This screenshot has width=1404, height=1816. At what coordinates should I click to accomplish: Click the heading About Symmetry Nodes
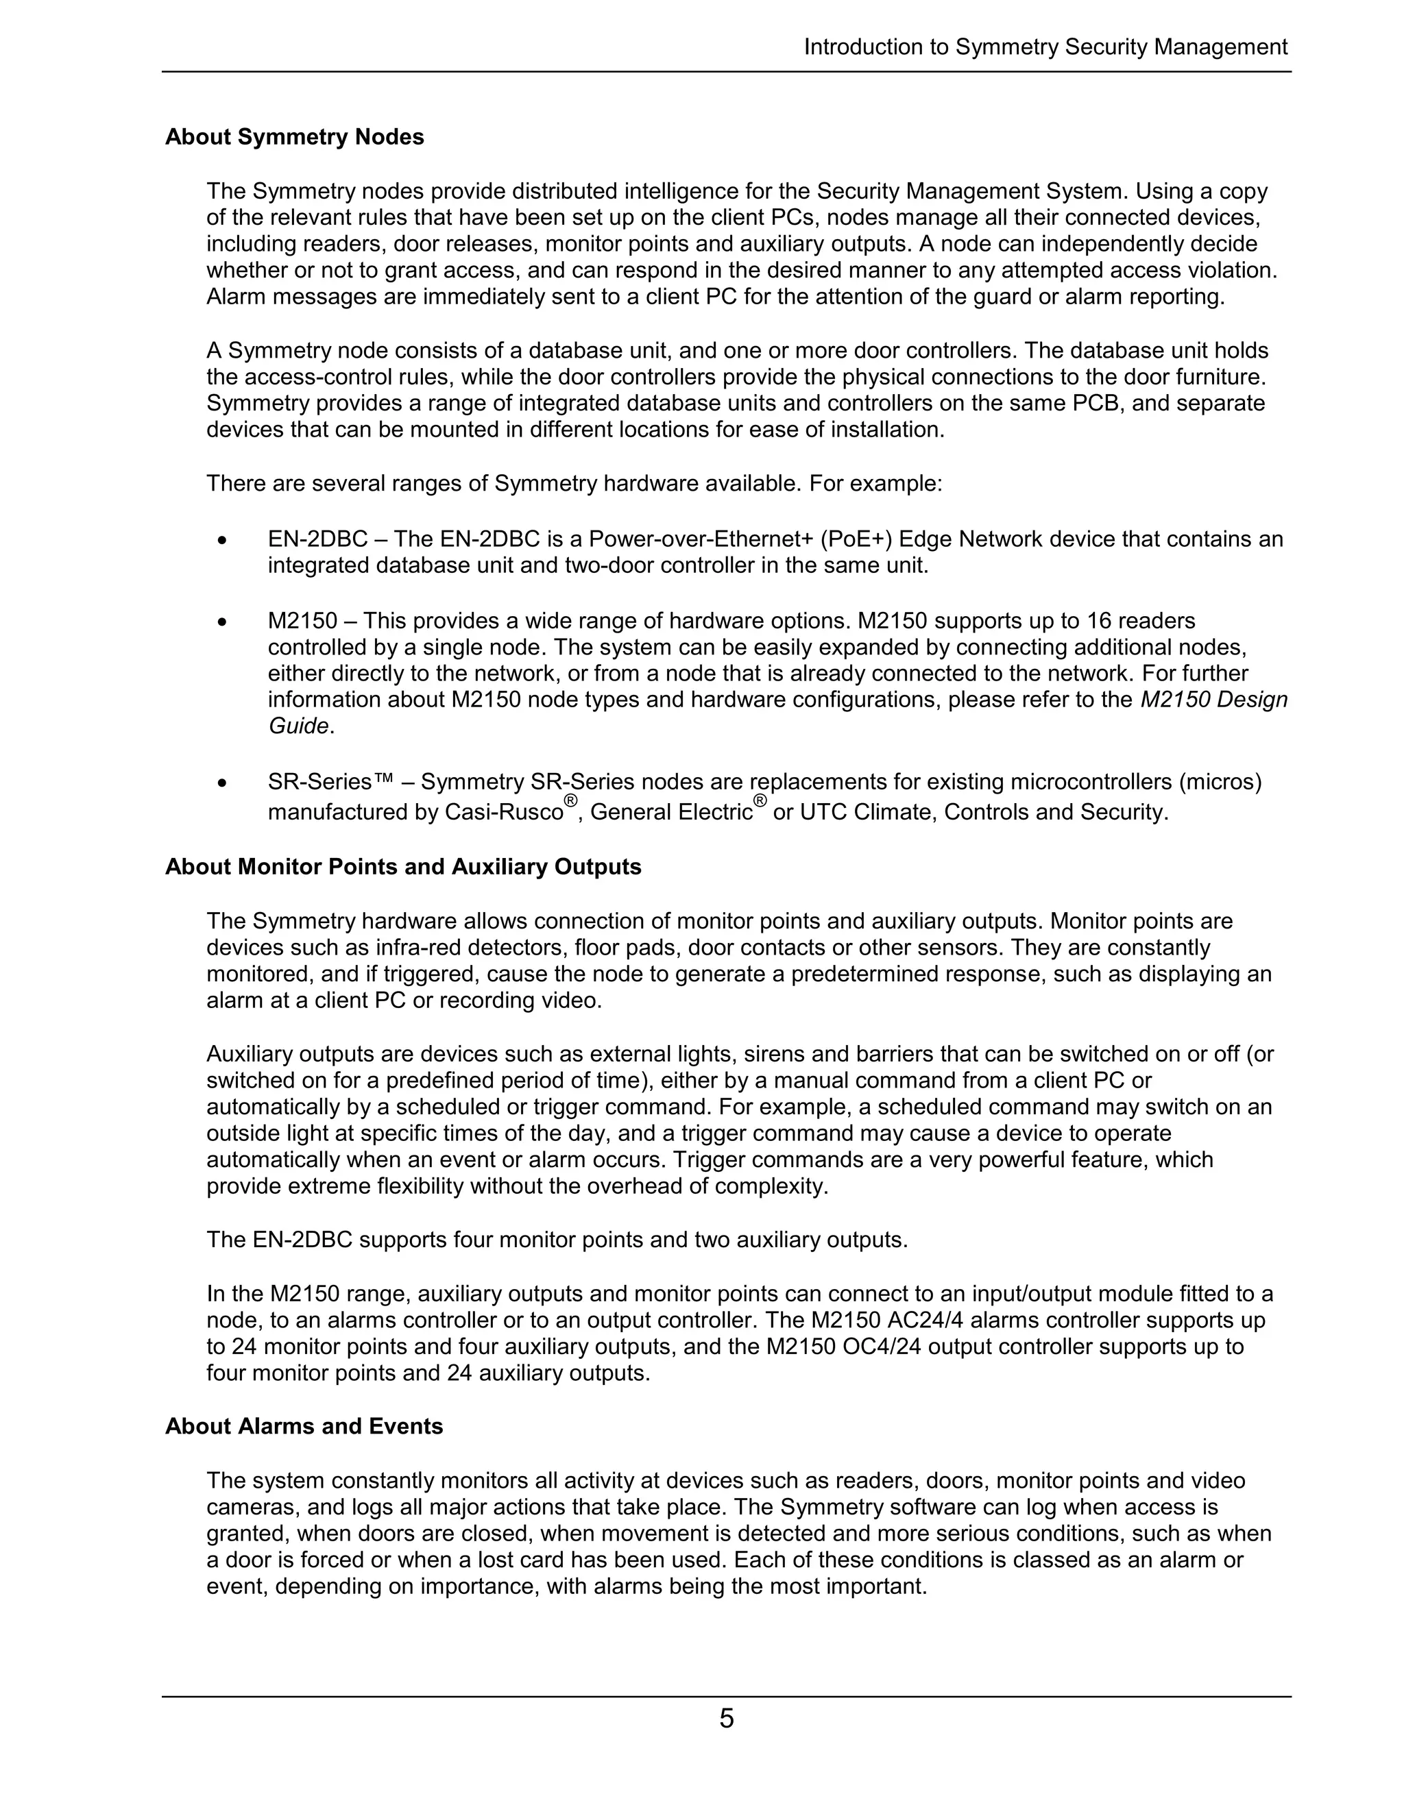(294, 137)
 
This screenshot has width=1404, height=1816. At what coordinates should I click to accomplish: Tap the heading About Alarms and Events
(304, 1426)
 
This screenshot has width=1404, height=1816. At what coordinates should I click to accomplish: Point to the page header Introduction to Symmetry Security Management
(1045, 47)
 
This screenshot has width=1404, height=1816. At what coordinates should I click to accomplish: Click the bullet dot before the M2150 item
(221, 622)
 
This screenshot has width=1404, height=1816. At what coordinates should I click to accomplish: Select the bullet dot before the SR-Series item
(221, 783)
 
